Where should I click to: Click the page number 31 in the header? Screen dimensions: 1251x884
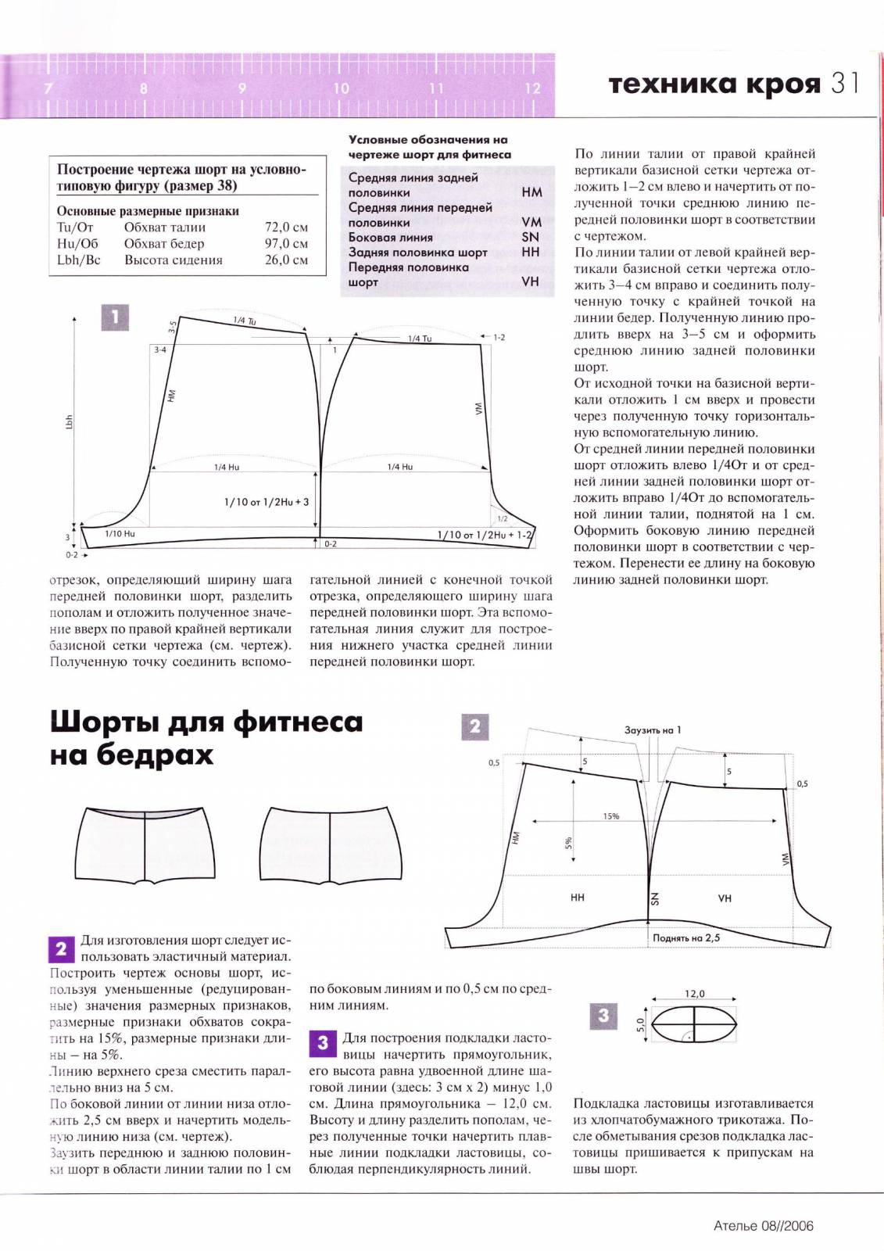[x=845, y=83]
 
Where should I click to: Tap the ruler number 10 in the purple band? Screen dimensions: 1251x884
[x=341, y=88]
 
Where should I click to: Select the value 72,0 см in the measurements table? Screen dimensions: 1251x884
[x=286, y=228]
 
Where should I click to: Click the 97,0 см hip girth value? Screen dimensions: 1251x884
[x=286, y=244]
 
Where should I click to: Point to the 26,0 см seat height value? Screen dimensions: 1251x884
[x=286, y=260]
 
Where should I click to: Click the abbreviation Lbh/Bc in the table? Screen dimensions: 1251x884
[x=79, y=260]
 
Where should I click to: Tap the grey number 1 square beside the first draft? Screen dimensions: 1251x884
[x=115, y=317]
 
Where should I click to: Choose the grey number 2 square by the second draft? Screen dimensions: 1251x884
[x=474, y=727]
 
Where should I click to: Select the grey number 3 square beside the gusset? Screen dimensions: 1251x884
[x=603, y=1016]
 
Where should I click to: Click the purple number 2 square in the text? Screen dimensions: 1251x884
[x=62, y=949]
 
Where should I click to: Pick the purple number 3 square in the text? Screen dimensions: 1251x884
[x=323, y=1043]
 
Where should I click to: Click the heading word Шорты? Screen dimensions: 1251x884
[x=107, y=722]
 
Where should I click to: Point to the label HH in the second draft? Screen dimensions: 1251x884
[x=578, y=898]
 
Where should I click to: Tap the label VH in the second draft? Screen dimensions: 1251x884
[x=725, y=898]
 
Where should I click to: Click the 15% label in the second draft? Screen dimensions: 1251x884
[x=610, y=816]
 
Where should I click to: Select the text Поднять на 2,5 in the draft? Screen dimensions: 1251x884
[x=686, y=937]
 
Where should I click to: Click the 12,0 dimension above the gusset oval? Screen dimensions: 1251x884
[x=695, y=994]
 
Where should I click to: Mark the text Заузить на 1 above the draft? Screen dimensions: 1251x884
[x=653, y=730]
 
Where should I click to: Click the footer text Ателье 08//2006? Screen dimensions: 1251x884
[x=764, y=1226]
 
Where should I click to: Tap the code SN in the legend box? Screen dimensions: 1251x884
[x=530, y=238]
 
